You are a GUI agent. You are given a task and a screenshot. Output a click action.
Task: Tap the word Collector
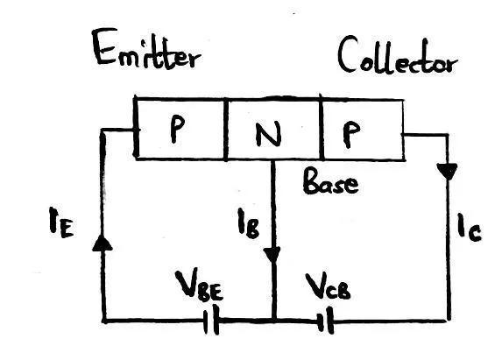[398, 55]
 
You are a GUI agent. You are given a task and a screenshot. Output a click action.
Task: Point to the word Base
[330, 181]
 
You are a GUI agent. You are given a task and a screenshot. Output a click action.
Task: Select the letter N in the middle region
[268, 134]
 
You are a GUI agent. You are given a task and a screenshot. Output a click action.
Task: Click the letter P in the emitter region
[177, 129]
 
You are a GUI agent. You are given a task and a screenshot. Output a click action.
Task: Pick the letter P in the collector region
[351, 135]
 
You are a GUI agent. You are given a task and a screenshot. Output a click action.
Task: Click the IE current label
[61, 222]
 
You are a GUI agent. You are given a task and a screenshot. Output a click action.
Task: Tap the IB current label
[249, 223]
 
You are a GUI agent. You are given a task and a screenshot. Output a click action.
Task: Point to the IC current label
[469, 227]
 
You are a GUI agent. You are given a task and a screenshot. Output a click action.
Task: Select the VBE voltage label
[199, 286]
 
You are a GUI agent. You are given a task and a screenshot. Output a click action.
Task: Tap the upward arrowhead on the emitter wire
[103, 244]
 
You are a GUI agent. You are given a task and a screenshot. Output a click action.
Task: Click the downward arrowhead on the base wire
[272, 255]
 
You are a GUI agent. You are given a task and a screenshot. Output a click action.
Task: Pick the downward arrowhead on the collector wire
[448, 171]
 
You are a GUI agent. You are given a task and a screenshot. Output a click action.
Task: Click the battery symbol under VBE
[212, 320]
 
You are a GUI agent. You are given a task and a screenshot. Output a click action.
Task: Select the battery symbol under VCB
[325, 320]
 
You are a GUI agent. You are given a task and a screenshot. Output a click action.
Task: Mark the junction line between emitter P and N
[226, 129]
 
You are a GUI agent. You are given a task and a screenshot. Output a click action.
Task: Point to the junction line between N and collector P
[322, 127]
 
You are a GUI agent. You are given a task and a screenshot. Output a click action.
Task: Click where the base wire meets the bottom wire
[273, 320]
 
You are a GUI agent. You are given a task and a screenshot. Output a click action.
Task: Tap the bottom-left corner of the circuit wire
[104, 320]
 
